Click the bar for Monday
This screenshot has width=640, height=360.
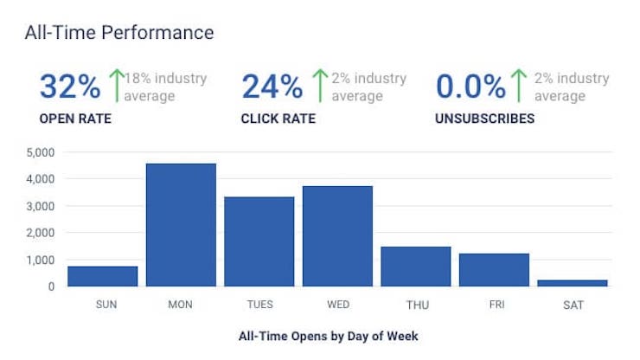click(x=181, y=225)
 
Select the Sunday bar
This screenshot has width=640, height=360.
click(x=102, y=276)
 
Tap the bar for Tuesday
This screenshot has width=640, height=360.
click(x=259, y=241)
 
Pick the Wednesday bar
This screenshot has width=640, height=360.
click(x=337, y=236)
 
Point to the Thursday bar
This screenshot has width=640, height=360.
click(x=416, y=267)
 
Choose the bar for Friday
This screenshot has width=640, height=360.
click(x=495, y=270)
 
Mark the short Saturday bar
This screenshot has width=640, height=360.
click(x=573, y=283)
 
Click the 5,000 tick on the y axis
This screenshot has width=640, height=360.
click(x=41, y=153)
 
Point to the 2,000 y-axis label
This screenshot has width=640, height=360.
click(x=41, y=233)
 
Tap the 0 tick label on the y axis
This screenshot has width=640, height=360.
click(x=51, y=286)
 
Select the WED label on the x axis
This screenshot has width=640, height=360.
click(x=338, y=305)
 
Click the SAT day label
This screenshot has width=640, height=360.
click(x=573, y=305)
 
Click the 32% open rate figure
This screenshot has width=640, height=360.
click(x=70, y=87)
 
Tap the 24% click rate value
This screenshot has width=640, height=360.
click(x=272, y=87)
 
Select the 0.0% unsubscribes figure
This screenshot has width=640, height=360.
click(x=470, y=87)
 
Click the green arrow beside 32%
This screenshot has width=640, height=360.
click(x=117, y=86)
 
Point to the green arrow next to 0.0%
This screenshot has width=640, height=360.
click(x=519, y=86)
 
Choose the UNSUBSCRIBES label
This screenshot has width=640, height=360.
click(x=485, y=119)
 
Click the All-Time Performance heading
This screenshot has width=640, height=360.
click(x=119, y=33)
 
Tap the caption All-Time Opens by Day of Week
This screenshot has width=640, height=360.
click(x=328, y=337)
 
